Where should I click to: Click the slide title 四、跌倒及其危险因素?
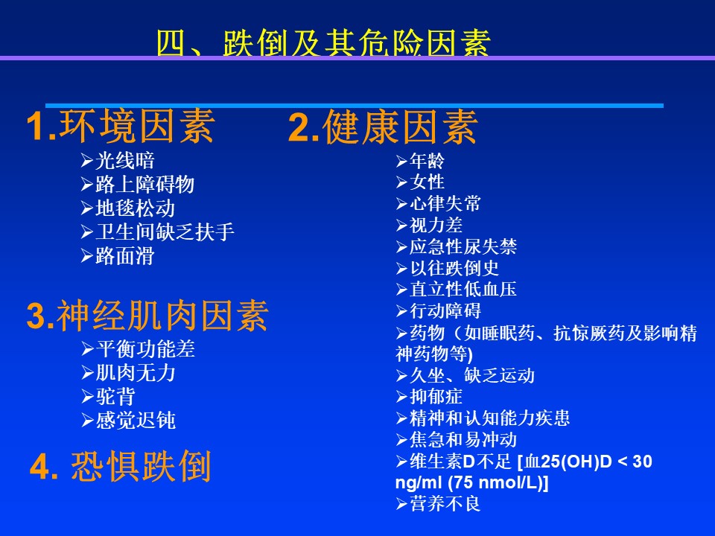tap(324, 43)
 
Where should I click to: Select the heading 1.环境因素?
tap(121, 127)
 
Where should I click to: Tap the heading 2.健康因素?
tap(383, 127)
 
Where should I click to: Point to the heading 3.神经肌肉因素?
tap(147, 316)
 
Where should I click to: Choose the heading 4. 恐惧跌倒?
tap(121, 466)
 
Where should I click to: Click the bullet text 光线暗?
tap(125, 161)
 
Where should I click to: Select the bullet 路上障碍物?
tap(145, 184)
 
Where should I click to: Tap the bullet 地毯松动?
tap(136, 208)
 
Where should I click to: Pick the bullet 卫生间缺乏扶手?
tap(165, 232)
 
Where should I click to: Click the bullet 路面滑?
tap(125, 255)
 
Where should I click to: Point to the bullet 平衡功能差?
tap(145, 349)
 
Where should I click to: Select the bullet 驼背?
tap(115, 397)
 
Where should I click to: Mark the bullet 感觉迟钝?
tap(136, 420)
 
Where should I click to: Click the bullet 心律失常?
tap(445, 203)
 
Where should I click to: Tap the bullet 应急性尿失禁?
tap(463, 246)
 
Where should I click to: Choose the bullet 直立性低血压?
tap(463, 289)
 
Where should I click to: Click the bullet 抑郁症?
tap(436, 397)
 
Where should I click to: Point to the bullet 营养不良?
tap(445, 504)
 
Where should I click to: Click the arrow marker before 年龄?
tap(401, 161)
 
